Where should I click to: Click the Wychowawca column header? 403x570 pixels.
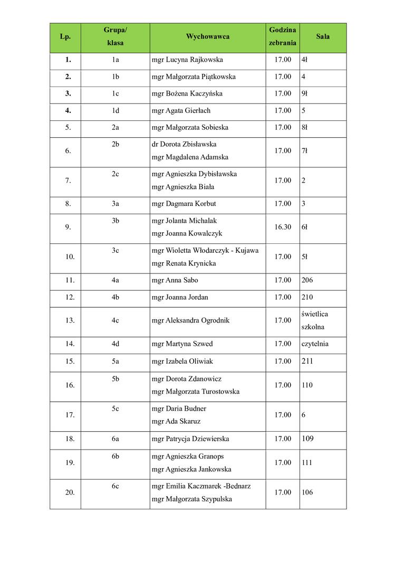[207, 37]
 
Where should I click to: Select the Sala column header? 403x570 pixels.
[323, 37]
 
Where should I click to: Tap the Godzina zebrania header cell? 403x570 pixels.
[282, 37]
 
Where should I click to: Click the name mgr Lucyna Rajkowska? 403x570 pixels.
[187, 60]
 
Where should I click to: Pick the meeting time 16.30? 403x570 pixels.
[283, 227]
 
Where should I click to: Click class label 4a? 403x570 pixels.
[115, 280]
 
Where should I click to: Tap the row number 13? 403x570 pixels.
[70, 320]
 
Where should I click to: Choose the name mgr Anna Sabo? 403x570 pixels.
[175, 280]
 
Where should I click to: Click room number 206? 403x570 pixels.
[307, 280]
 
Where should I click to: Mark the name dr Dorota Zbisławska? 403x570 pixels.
[184, 144]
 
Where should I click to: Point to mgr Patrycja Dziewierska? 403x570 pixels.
[190, 439]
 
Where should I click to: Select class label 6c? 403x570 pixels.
[115, 486]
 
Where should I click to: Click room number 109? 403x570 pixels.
[307, 439]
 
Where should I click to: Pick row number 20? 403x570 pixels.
[70, 492]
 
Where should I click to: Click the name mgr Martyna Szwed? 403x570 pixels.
[182, 344]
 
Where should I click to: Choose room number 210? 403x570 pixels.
[307, 297]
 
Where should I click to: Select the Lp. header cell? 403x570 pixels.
[65, 37]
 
